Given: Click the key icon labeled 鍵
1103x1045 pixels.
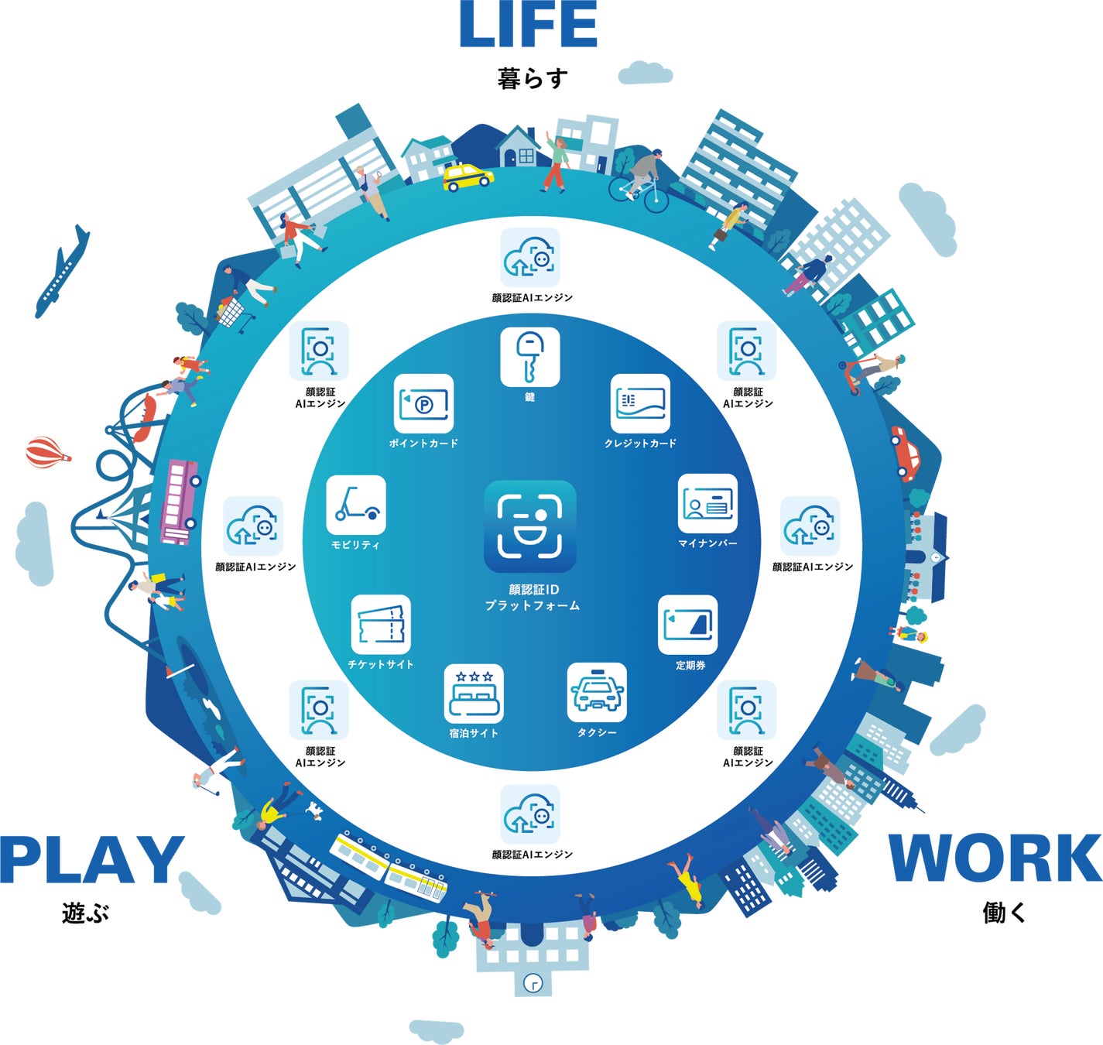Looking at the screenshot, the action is coord(529,357).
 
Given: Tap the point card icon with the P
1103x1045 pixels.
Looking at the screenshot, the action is coord(423,403).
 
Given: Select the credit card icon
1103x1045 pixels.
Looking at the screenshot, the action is coord(640,403).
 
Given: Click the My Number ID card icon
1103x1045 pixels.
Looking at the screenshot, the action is coord(707,503).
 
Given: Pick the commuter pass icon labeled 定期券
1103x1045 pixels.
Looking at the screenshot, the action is coord(688,625).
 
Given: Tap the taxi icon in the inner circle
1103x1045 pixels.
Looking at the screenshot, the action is coord(597,693).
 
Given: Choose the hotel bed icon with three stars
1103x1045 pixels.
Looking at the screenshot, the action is coord(474,694).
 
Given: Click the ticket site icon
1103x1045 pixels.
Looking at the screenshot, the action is coord(381,625).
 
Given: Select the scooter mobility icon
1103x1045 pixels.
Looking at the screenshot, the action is coord(356,505).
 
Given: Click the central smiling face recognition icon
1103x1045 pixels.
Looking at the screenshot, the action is coord(529,526).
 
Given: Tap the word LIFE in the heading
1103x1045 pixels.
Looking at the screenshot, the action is coord(529,25).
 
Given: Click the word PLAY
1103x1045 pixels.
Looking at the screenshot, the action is coord(92,860).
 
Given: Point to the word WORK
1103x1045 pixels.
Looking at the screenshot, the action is coord(995,858).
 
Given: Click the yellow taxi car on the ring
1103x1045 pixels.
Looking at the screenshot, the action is coord(468,177).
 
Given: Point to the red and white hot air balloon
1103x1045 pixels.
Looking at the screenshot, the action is coord(48,452).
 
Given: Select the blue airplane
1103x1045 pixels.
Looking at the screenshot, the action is coord(62,272).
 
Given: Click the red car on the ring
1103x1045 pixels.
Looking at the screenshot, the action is coord(906,454).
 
